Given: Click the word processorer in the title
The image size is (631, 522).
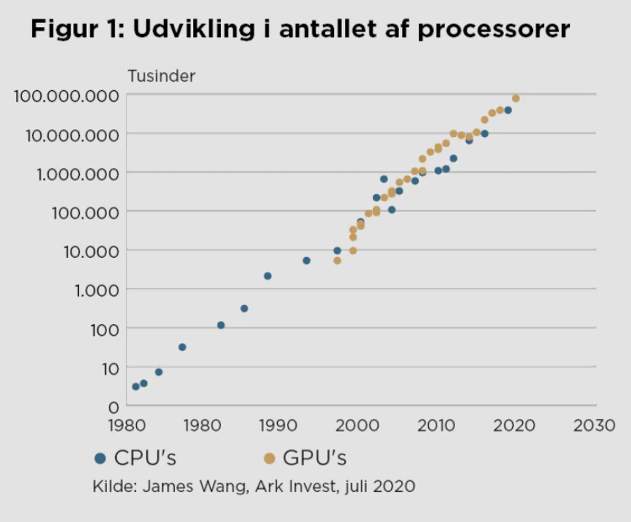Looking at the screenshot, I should (x=494, y=30).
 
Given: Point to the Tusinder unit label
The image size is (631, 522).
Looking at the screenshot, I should (x=161, y=76).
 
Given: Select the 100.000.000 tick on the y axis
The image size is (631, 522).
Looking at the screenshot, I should (x=66, y=96).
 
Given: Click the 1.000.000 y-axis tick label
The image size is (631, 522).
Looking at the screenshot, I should (x=78, y=174).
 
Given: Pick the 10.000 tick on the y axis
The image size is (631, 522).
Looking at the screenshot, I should (x=91, y=252).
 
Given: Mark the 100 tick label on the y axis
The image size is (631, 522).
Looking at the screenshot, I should (x=105, y=330).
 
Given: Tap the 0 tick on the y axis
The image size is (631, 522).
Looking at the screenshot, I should (x=113, y=408).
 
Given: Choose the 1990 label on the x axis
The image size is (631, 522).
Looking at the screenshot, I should (x=278, y=426).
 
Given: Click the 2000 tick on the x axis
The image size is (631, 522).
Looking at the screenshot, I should (x=357, y=426).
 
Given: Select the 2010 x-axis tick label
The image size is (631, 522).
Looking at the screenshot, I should (x=436, y=426).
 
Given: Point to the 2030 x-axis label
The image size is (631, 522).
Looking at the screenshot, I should (x=594, y=426).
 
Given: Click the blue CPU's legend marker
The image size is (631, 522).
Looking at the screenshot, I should (x=100, y=458).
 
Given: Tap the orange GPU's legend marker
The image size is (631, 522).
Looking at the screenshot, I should (x=269, y=458).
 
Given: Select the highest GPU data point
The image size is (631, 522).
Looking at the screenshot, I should (x=516, y=98).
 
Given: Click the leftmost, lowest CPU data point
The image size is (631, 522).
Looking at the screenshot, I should (x=136, y=387).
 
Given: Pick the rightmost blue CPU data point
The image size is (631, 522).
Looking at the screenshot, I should (x=508, y=110).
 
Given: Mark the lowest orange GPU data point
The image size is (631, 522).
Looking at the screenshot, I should (x=337, y=261).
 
